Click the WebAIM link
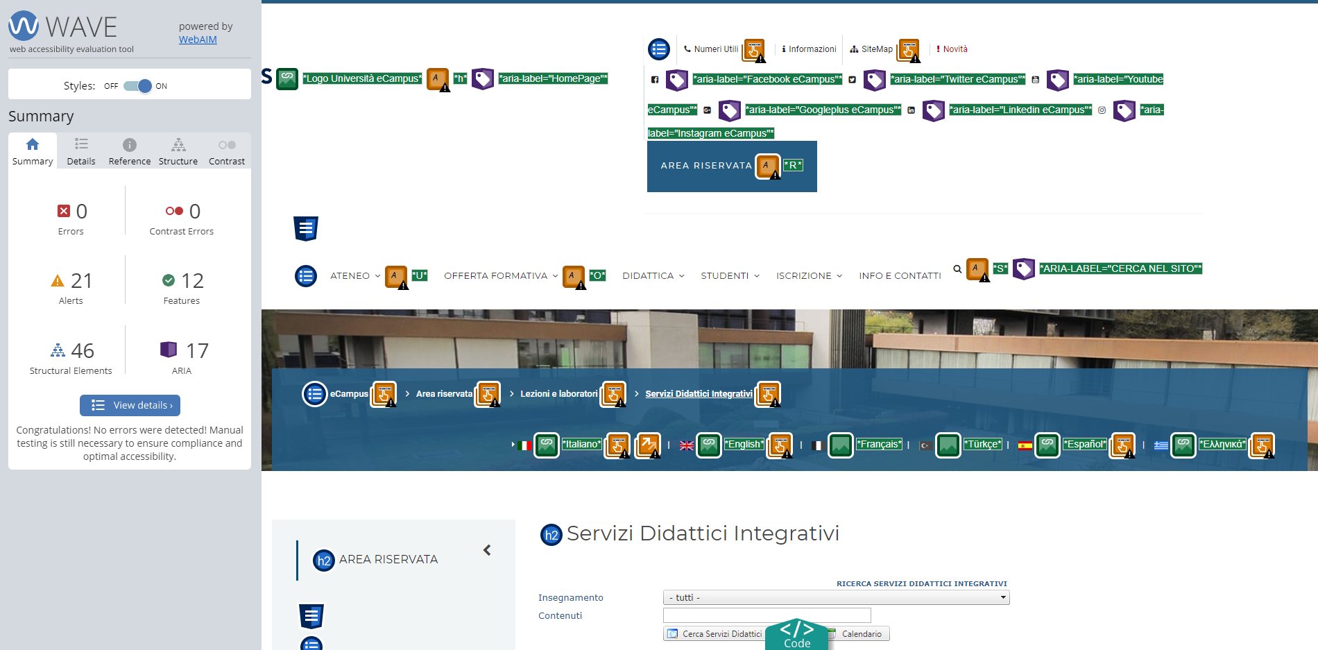pyautogui.click(x=198, y=40)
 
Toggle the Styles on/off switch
pyautogui.click(x=137, y=86)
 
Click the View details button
pyautogui.click(x=130, y=405)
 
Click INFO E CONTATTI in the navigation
pyautogui.click(x=900, y=275)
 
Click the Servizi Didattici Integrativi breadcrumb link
pyautogui.click(x=699, y=393)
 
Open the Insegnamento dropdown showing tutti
pyautogui.click(x=836, y=597)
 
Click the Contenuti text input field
pyautogui.click(x=767, y=615)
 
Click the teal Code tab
pyautogui.click(x=797, y=635)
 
